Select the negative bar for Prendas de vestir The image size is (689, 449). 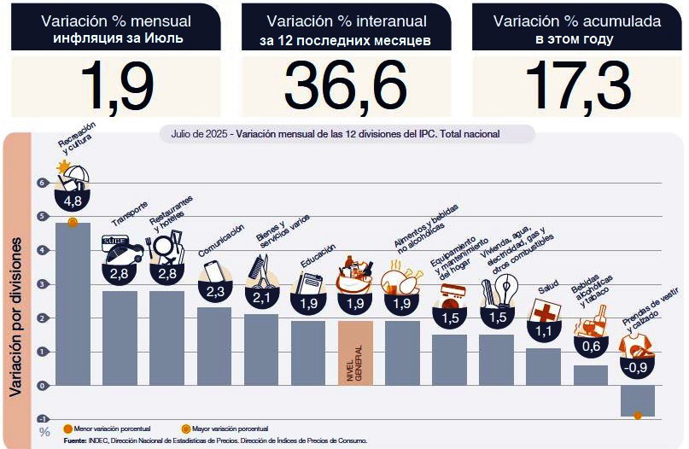[x=638, y=400]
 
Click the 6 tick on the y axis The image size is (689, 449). [x=40, y=183]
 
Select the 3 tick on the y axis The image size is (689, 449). [x=40, y=284]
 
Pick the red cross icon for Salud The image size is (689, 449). [x=543, y=310]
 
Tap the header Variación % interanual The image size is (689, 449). [x=345, y=20]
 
